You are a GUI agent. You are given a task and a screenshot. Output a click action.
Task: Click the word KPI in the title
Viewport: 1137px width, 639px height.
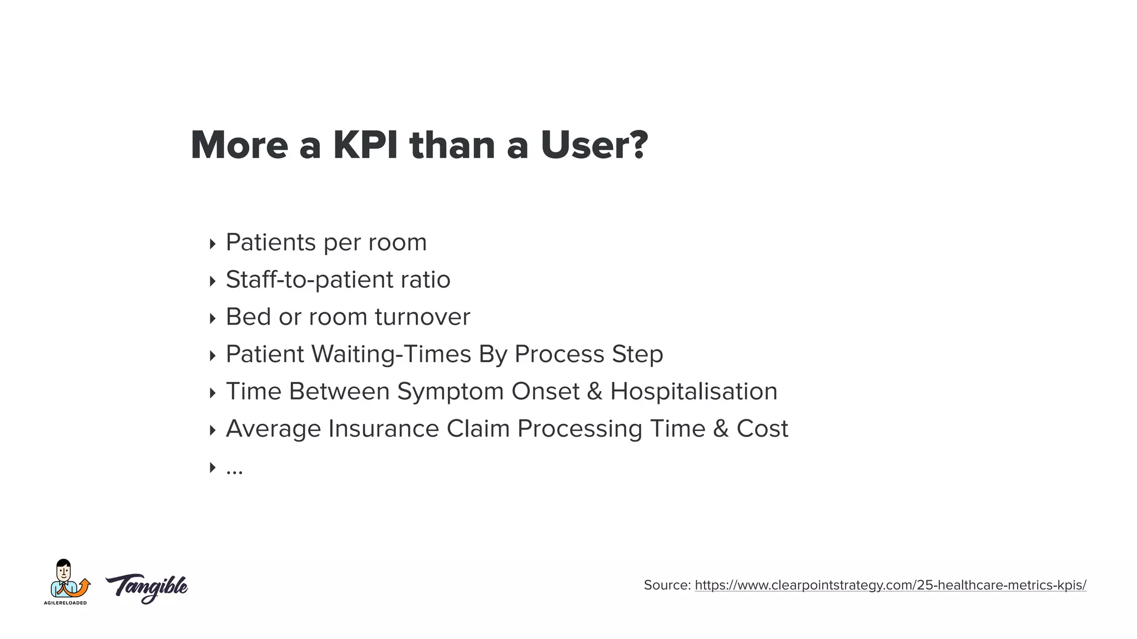(365, 145)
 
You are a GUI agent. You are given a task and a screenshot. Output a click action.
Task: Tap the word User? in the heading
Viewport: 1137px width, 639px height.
(594, 145)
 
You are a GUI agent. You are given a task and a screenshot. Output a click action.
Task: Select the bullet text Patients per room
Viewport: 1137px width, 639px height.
(326, 242)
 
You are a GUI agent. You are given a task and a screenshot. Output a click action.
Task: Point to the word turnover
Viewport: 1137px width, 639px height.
(422, 317)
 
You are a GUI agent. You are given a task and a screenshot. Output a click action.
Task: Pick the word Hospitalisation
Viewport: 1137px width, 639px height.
(693, 392)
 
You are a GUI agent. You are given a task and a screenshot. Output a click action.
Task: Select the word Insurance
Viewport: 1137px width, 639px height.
(384, 429)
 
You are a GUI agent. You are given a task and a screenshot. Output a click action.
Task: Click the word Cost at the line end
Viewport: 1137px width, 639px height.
(762, 429)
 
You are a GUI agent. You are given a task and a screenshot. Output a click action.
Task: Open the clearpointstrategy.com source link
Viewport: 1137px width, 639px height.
(890, 585)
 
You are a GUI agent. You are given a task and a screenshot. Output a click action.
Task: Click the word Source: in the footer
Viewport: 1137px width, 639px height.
(667, 585)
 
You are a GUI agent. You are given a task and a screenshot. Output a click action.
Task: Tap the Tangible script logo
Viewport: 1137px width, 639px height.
(147, 588)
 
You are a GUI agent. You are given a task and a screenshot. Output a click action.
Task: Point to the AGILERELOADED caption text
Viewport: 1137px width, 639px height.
(66, 603)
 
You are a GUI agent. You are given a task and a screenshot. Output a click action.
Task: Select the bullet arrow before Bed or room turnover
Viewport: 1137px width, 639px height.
(212, 318)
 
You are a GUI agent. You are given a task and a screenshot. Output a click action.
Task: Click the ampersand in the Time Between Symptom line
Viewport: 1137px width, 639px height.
(594, 392)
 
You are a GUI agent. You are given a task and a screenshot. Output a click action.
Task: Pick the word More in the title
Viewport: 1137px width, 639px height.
(239, 145)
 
